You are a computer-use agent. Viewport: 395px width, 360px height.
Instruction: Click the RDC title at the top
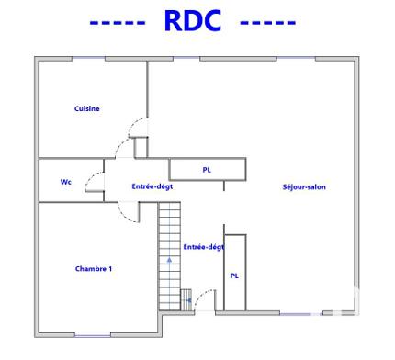193,21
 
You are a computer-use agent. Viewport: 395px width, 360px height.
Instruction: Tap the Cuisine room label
87,108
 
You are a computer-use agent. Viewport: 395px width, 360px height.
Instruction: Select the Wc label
65,182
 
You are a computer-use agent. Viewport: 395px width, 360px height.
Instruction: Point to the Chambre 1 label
93,268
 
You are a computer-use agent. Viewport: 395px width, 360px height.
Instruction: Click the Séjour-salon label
304,187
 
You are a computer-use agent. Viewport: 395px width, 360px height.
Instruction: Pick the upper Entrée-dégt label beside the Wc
152,186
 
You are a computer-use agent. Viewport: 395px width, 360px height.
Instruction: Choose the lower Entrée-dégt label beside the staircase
202,247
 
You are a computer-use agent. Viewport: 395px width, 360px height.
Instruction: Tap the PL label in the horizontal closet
207,170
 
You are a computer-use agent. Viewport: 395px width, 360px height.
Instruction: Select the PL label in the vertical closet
234,276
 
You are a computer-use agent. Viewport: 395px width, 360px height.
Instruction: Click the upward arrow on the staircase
169,260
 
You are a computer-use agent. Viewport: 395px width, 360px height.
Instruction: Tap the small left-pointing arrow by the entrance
186,299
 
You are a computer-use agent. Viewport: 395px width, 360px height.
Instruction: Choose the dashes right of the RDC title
267,23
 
